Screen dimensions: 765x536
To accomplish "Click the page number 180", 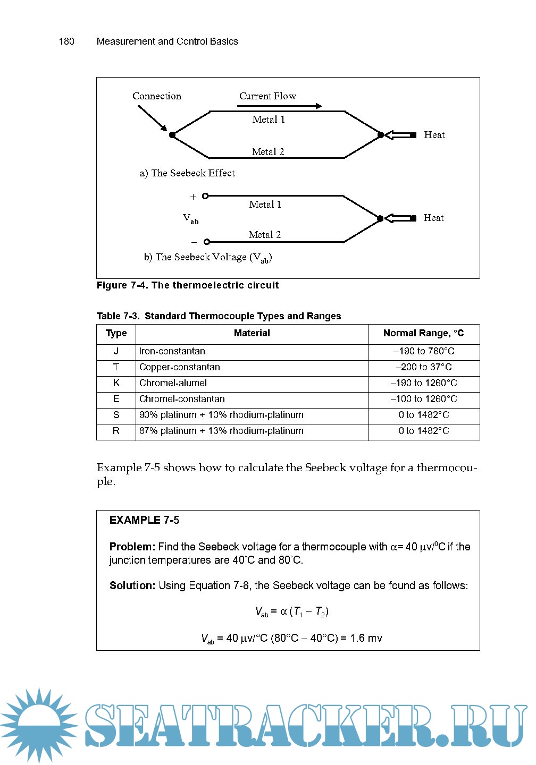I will tap(66, 41).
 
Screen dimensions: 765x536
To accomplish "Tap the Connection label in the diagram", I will tap(157, 96).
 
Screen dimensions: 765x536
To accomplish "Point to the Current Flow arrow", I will tap(280, 106).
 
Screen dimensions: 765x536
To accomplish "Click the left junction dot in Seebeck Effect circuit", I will tap(172, 135).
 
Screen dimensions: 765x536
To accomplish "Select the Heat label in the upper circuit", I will tap(434, 135).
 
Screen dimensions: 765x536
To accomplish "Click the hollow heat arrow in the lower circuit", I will tap(400, 218).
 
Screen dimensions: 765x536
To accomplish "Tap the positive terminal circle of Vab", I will tap(206, 196).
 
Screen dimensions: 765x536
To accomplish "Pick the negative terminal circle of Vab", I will tap(207, 242).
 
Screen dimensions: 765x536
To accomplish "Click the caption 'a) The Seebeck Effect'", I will tap(187, 173).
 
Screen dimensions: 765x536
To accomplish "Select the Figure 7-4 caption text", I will tap(188, 285).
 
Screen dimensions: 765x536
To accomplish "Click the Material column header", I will tap(252, 334).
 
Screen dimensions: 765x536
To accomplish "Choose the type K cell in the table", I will tap(116, 383).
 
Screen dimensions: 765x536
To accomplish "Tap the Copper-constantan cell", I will tap(180, 367).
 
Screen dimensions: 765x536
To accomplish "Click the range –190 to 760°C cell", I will tap(424, 351).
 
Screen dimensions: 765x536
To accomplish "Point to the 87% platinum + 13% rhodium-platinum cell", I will tap(221, 431).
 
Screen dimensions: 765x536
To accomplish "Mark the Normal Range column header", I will tap(423, 334).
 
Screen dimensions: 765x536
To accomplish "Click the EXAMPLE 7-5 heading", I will tap(144, 520).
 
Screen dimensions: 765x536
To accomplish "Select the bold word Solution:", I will tap(132, 585).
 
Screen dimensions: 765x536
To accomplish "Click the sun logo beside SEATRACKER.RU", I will tap(40, 725).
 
